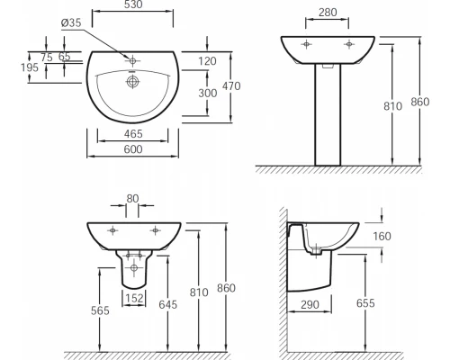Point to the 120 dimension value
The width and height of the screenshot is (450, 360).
click(207, 61)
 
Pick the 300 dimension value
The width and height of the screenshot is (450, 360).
click(207, 93)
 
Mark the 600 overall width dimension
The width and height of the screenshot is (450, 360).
click(134, 152)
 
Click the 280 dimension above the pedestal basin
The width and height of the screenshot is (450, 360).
click(328, 13)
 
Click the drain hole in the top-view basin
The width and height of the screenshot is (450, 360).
click(134, 82)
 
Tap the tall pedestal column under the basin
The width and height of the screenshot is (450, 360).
click(328, 117)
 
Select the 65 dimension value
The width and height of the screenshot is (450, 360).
click(64, 56)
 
